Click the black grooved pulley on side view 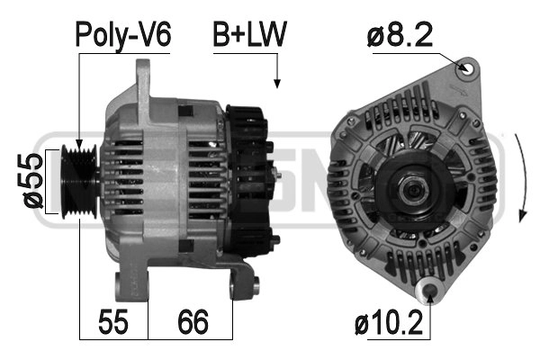pos(81,179)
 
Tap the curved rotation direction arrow pos(522,175)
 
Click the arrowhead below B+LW pos(276,83)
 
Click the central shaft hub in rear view pos(414,188)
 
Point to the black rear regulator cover pos(250,180)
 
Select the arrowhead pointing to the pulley pos(79,146)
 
